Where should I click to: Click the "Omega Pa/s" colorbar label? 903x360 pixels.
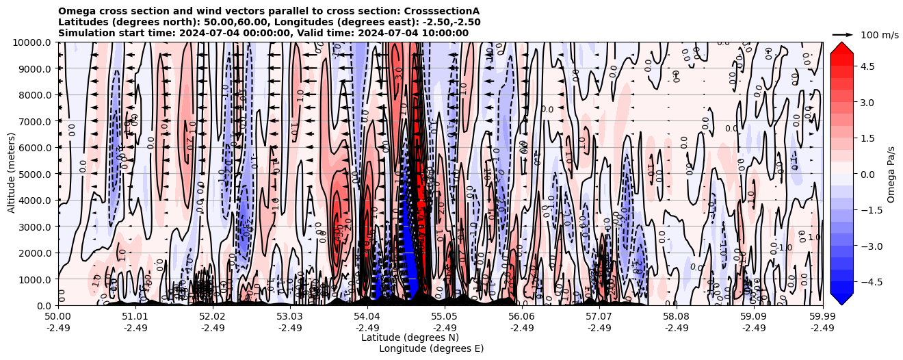[891, 174]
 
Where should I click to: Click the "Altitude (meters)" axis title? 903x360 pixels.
[12, 174]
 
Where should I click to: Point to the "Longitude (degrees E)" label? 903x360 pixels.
[431, 348]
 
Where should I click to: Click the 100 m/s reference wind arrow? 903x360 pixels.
[843, 34]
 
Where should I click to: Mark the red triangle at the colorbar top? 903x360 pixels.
[841, 47]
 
